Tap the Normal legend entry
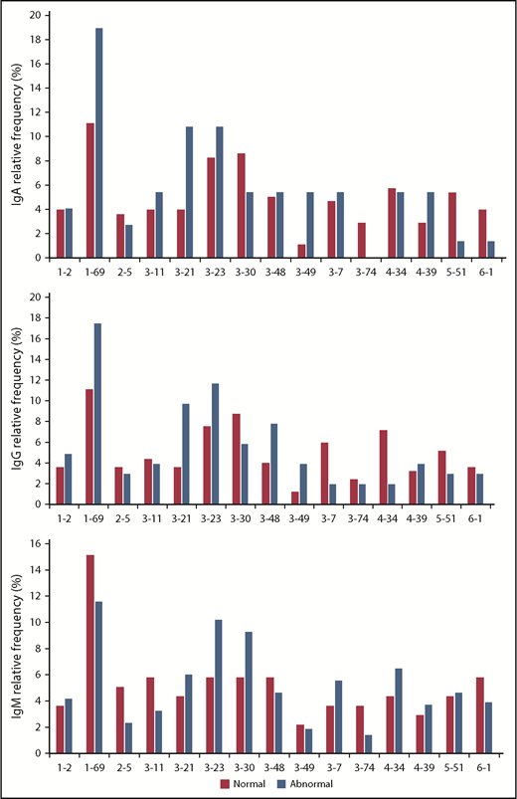[x=243, y=784]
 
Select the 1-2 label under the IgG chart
[x=64, y=517]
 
